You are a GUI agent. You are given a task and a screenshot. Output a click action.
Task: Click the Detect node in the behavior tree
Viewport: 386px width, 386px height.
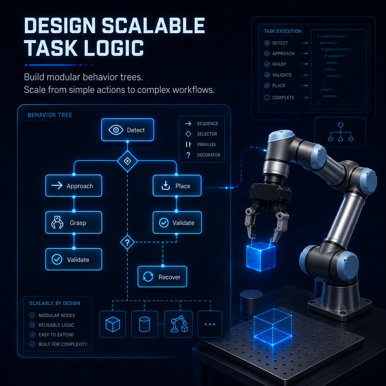tap(128, 130)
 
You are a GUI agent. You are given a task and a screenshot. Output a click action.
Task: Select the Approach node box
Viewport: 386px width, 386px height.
tap(74, 186)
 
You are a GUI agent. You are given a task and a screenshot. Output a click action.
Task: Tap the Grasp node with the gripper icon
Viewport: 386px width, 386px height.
tap(74, 222)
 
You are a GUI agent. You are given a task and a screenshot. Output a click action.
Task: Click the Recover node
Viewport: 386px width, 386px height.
tap(162, 277)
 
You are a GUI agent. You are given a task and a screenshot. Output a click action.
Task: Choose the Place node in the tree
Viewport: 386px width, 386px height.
tap(177, 186)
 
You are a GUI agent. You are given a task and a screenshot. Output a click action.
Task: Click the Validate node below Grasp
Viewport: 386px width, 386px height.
tap(74, 259)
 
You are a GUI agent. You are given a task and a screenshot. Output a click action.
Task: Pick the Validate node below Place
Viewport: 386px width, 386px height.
tap(177, 223)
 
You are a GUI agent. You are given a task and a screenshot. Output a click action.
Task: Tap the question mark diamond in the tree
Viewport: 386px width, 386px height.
tap(127, 242)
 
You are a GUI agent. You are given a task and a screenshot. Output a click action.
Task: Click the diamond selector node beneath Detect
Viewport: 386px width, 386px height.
tap(127, 161)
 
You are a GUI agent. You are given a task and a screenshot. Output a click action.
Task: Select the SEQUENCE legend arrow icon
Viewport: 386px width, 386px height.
tap(188, 124)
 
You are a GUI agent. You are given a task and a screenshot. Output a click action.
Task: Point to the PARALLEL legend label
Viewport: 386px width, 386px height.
tap(207, 144)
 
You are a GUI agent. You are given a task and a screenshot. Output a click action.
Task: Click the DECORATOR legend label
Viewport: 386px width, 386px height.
tap(208, 155)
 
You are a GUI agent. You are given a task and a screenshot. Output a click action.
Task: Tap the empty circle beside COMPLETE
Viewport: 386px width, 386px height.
tap(267, 98)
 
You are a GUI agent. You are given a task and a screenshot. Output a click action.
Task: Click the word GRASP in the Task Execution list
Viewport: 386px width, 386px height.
tap(279, 64)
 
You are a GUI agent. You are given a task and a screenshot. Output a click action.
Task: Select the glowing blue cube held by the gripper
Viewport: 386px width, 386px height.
tap(261, 257)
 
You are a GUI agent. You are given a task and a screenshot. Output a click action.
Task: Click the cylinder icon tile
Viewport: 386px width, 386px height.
tap(144, 324)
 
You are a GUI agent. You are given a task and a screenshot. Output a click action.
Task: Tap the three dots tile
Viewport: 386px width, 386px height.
tap(210, 324)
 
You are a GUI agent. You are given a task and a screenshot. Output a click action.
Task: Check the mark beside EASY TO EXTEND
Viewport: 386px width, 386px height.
tap(32, 335)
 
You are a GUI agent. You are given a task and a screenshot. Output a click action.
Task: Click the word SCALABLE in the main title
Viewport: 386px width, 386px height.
tap(153, 26)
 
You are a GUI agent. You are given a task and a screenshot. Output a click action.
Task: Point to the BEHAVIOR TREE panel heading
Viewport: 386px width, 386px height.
tap(50, 115)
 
